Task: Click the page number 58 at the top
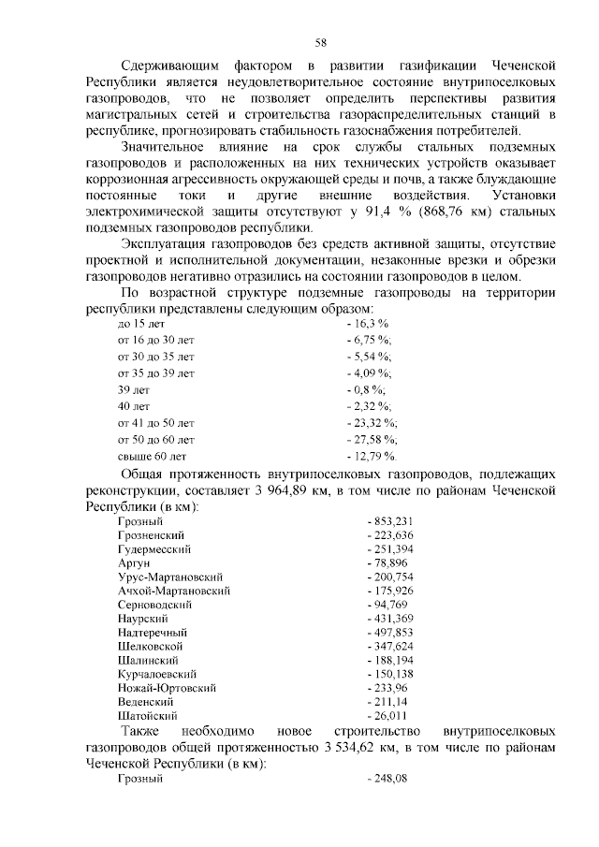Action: pyautogui.click(x=320, y=42)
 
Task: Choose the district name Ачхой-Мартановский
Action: pyautogui.click(x=174, y=591)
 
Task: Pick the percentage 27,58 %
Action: pyautogui.click(x=375, y=439)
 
